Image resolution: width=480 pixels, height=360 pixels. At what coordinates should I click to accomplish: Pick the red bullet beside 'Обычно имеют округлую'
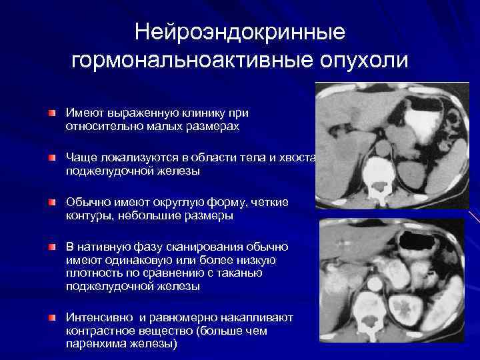click(52, 203)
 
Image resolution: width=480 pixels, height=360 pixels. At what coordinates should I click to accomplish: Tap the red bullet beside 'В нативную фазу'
click(52, 248)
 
